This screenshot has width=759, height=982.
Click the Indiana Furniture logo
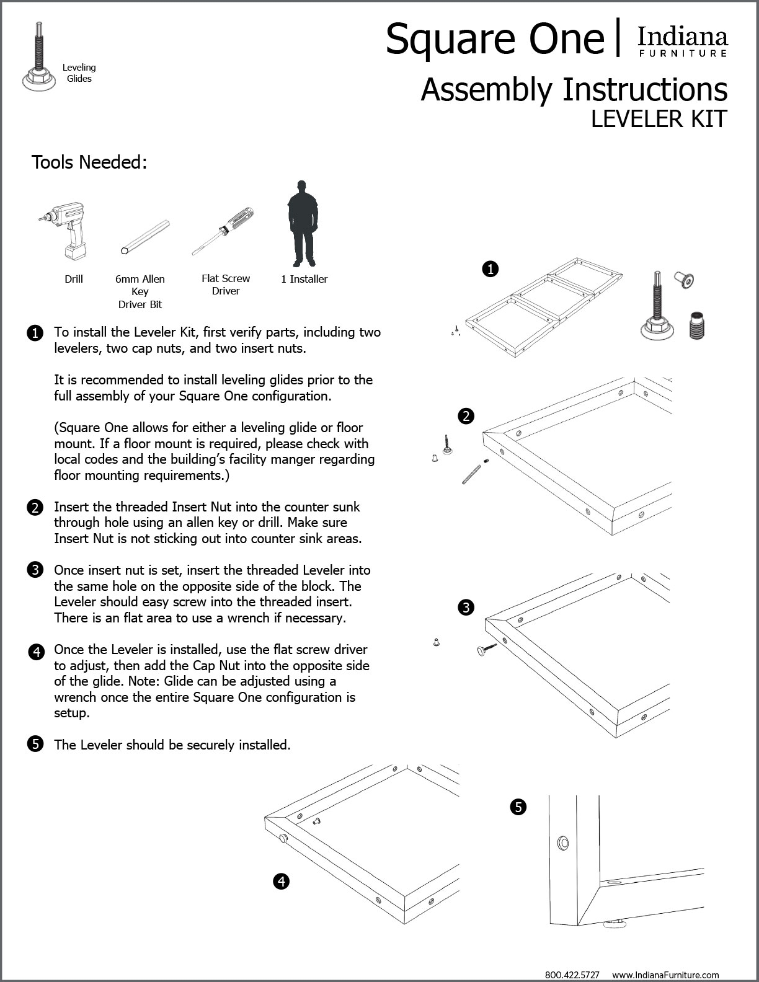(683, 42)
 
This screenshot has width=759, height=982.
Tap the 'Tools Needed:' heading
(89, 162)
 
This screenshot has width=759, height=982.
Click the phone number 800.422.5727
(572, 975)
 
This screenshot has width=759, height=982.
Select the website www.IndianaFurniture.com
(665, 975)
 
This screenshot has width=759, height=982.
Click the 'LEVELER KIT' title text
(659, 119)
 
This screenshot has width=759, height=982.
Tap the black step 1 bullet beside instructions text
(35, 333)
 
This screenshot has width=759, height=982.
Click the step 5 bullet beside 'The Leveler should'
(35, 744)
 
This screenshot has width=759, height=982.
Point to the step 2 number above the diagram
(466, 416)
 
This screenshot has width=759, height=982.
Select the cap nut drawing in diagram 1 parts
(684, 280)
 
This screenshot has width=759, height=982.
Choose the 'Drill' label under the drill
(74, 279)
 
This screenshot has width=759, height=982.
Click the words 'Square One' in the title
(494, 39)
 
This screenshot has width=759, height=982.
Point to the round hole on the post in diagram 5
(563, 843)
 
